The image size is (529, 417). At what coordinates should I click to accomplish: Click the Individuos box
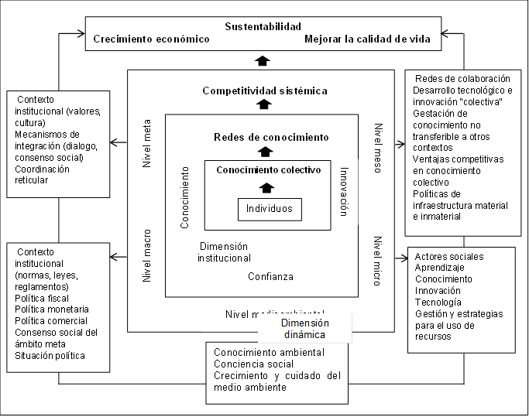point(270,210)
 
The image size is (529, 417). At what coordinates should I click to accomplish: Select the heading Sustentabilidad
point(263,27)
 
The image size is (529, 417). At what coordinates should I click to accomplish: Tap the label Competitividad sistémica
point(265,91)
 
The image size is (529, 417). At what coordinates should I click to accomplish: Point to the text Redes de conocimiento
point(271,137)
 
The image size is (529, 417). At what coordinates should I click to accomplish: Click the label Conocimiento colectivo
point(268,169)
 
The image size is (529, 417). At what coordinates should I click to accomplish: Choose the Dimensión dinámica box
point(304,329)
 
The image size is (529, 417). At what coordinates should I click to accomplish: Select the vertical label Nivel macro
point(147,255)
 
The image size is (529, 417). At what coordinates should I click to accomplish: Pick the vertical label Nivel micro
point(378,261)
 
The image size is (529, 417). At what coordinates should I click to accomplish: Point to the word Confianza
point(271,276)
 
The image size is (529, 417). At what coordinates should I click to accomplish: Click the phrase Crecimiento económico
point(151,39)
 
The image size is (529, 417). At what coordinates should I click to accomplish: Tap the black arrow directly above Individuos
point(267,187)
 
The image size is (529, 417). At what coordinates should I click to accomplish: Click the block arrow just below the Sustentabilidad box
point(263,60)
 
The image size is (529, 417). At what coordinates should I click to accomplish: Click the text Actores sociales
point(448,256)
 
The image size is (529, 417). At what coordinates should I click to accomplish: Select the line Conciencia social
point(253,364)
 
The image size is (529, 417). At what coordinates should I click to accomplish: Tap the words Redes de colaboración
point(462,78)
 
